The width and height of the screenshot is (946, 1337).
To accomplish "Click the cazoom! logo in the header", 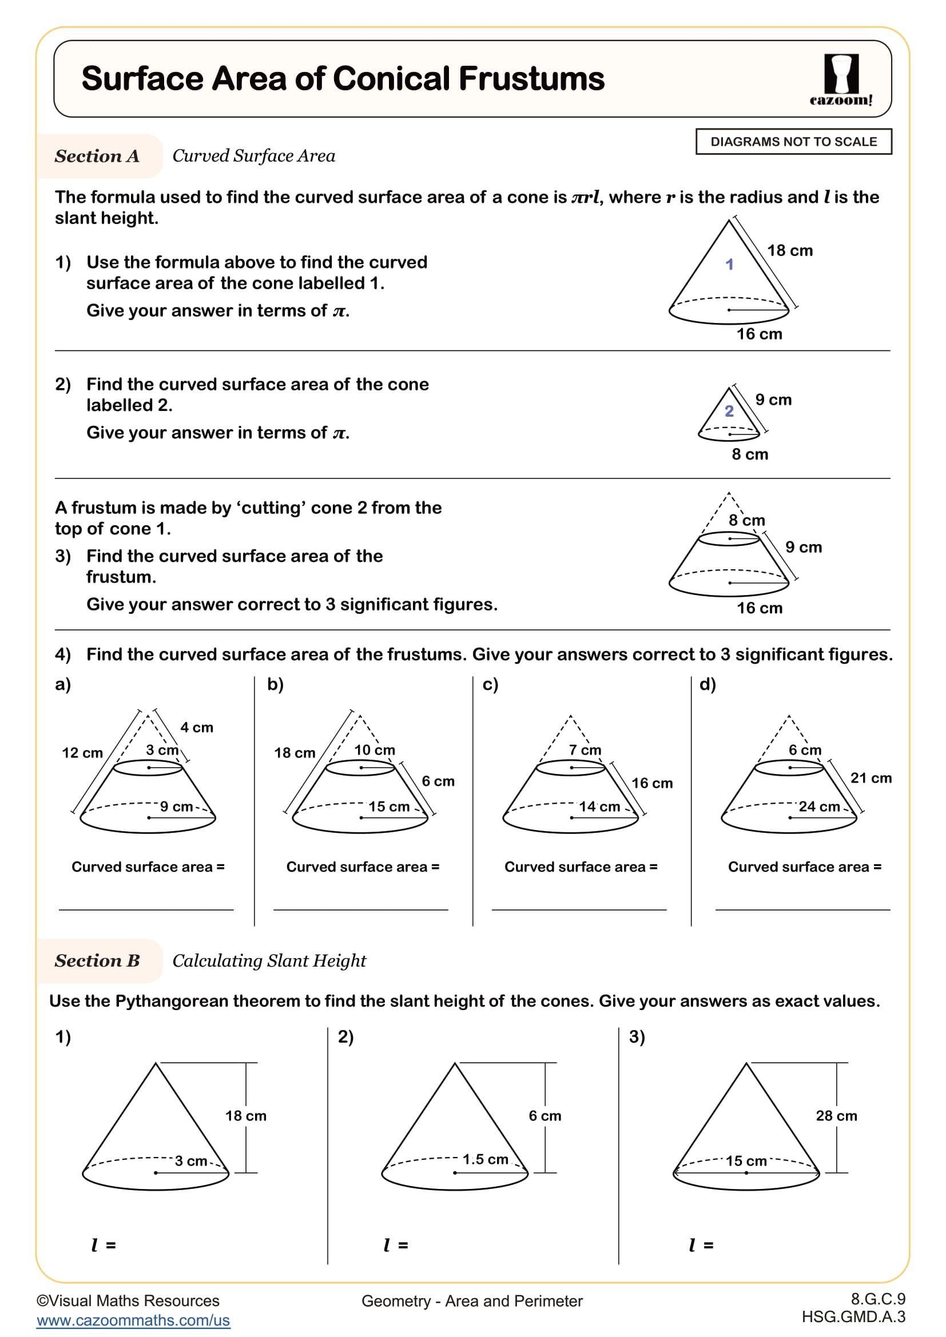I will click(x=841, y=80).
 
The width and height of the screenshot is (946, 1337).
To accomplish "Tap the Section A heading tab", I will click(x=97, y=156).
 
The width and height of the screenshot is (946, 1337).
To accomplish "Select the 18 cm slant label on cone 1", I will click(x=789, y=250).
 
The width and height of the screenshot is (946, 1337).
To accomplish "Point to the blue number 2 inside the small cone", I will click(x=729, y=411).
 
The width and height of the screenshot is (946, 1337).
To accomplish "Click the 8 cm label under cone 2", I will click(x=750, y=454).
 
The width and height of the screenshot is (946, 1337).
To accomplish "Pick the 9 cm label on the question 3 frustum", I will click(x=803, y=548).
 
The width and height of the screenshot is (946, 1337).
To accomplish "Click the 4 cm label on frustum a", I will click(x=197, y=727).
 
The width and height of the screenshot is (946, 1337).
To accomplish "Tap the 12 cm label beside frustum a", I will click(x=82, y=753).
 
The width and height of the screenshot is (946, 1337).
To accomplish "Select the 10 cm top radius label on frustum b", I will click(x=375, y=750).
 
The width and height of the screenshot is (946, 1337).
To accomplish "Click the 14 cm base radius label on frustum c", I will click(x=599, y=807).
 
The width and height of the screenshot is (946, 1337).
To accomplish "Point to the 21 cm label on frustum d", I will click(x=871, y=778).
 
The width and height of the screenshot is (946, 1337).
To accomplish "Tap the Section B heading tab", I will click(x=97, y=961).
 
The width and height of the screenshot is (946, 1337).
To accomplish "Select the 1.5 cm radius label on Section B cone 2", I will click(x=485, y=1159).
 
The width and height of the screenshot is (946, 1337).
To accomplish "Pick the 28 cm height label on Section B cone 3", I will click(x=836, y=1116).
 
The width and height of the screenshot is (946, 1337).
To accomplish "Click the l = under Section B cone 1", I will click(x=104, y=1245).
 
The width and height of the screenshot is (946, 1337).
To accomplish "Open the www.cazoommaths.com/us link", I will click(x=133, y=1320).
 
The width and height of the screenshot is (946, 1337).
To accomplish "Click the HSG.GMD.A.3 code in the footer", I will click(x=853, y=1316).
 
